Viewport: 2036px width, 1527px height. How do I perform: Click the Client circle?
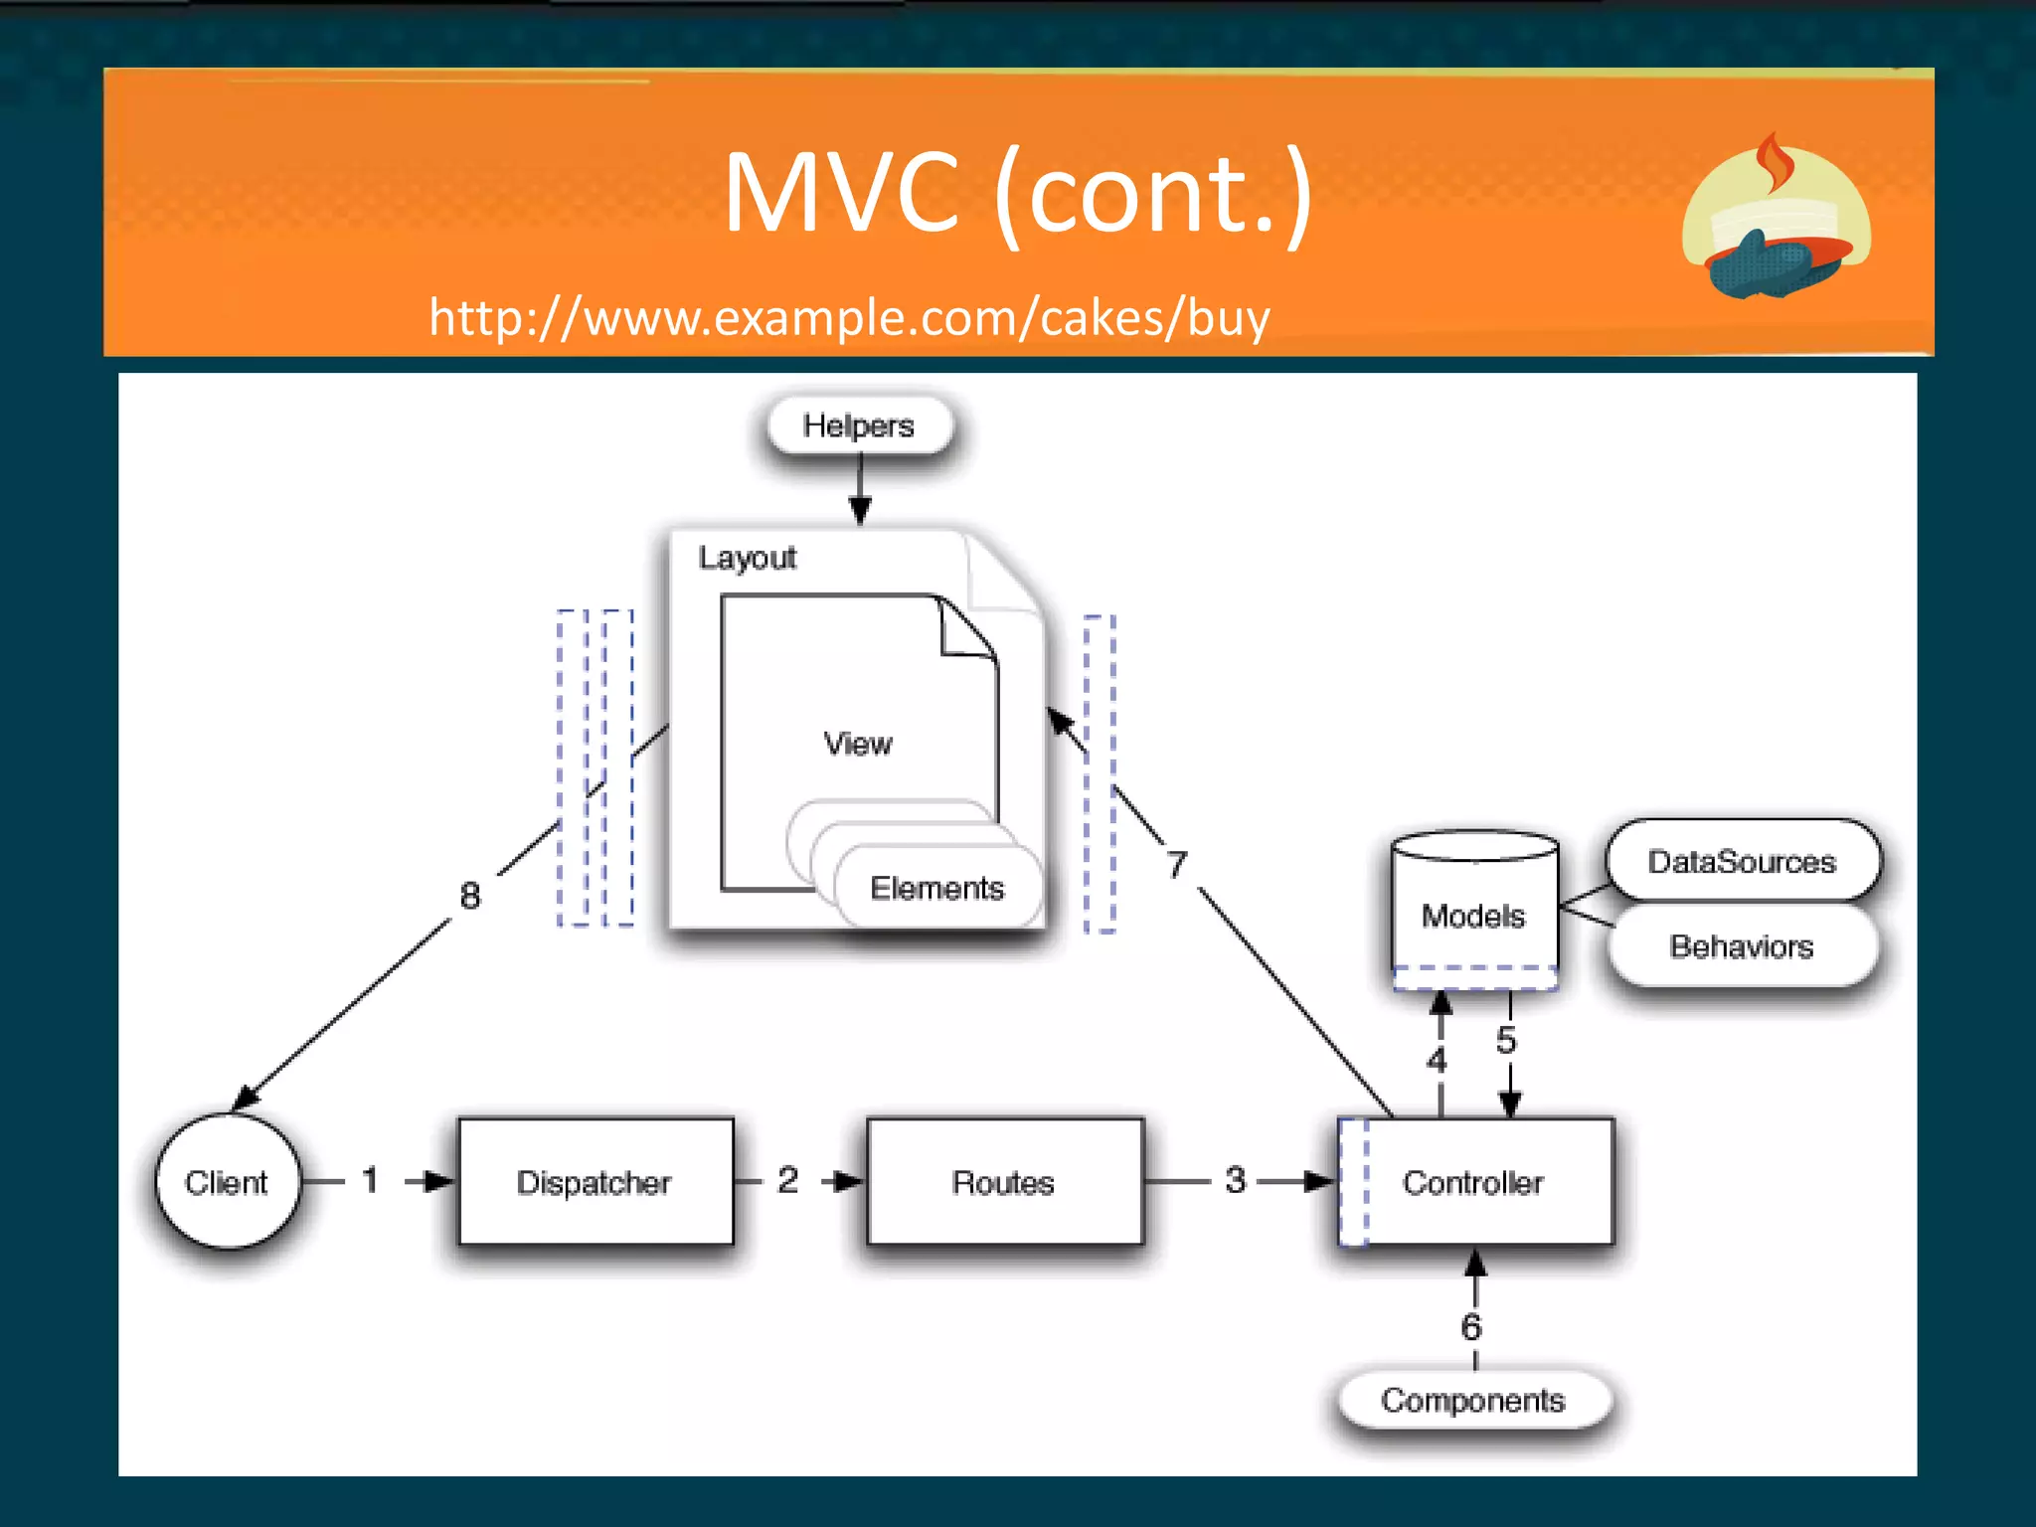coord(227,1181)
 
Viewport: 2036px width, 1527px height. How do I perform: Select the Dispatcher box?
coord(594,1181)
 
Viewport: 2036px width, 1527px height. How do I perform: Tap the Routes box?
coord(1004,1181)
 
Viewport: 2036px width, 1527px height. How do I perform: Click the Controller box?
coord(1474,1181)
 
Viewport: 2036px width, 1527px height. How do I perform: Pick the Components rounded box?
coord(1473,1400)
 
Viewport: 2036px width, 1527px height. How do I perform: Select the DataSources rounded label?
coord(1742,861)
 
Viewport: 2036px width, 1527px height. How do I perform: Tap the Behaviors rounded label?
coord(1742,946)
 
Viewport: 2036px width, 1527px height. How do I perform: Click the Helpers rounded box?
coord(859,425)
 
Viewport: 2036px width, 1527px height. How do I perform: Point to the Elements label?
coord(937,888)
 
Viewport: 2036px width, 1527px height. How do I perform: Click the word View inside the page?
coord(858,744)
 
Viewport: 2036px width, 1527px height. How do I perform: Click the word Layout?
coord(748,558)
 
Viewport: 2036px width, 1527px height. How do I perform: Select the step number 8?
coord(470,896)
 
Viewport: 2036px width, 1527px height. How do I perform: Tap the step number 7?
coord(1177,864)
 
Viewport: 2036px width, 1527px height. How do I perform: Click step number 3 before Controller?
coord(1236,1180)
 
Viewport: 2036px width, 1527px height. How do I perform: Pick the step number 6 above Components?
coord(1471,1326)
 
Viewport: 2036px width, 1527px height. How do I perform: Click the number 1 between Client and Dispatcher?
coord(370,1180)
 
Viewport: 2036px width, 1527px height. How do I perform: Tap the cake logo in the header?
coord(1777,219)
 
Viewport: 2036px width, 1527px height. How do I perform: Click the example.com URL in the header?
coord(849,318)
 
